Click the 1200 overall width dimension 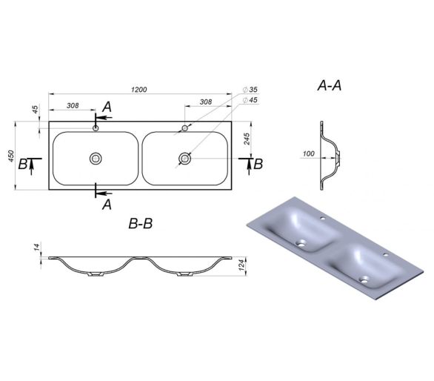tap(139, 90)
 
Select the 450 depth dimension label tap(11, 156)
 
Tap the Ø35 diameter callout tap(250, 90)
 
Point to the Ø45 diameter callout tap(250, 100)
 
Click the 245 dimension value tap(247, 139)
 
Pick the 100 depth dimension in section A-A tap(309, 153)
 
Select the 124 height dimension tap(241, 265)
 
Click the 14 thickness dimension tap(37, 247)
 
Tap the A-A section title tap(330, 85)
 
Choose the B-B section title tap(141, 223)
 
